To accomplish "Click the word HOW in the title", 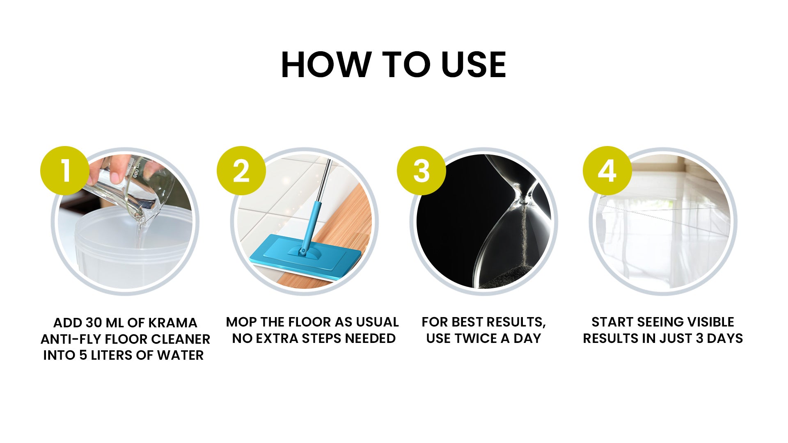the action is [325, 64].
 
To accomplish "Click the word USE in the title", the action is [474, 64].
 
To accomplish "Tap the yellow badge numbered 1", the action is [64, 171].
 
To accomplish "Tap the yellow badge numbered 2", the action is [241, 171].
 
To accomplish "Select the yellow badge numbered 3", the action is [421, 171].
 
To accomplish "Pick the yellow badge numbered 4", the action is [607, 171].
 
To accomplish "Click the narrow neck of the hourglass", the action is [523, 201].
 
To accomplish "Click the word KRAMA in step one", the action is [172, 323].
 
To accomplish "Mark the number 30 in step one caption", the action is [94, 323].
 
